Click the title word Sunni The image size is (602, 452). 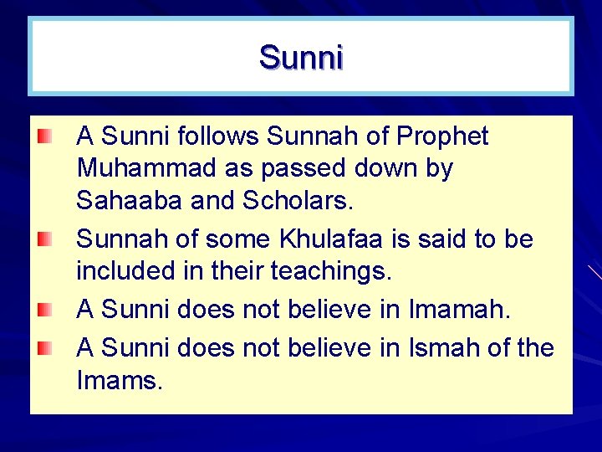pos(301,58)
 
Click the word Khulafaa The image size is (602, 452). pos(322,239)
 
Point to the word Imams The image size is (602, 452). pos(120,381)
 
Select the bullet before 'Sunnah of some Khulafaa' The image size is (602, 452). pos(45,241)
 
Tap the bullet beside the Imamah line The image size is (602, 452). pos(45,311)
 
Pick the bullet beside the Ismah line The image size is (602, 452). pos(45,347)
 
